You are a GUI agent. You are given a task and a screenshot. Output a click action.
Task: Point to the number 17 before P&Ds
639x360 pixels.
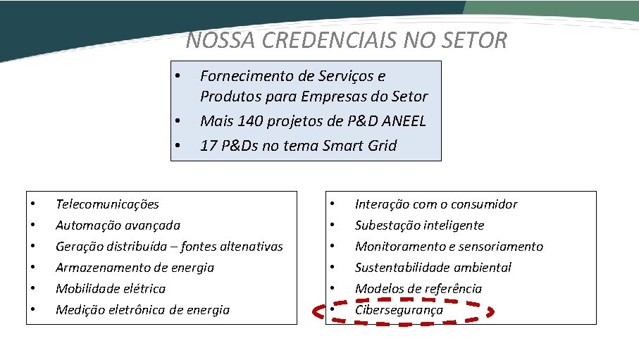tap(209, 145)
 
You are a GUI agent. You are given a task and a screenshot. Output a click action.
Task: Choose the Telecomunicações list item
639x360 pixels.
tap(107, 204)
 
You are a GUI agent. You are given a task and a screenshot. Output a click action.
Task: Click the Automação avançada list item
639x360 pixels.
tap(118, 225)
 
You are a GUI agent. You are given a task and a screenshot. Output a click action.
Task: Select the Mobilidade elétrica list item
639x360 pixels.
tap(111, 289)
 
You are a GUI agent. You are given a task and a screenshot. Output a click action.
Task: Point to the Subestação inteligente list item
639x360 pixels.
tap(419, 225)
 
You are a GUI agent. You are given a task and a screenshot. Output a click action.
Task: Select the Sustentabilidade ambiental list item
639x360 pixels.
tap(433, 268)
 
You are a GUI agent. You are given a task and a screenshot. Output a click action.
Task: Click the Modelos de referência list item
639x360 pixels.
tap(418, 289)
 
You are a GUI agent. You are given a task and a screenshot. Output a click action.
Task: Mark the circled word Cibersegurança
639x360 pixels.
tap(399, 310)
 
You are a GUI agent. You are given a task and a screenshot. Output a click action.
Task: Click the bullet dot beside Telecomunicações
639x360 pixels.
tap(33, 205)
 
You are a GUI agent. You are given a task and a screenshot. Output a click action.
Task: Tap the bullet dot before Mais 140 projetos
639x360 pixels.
tap(179, 121)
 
